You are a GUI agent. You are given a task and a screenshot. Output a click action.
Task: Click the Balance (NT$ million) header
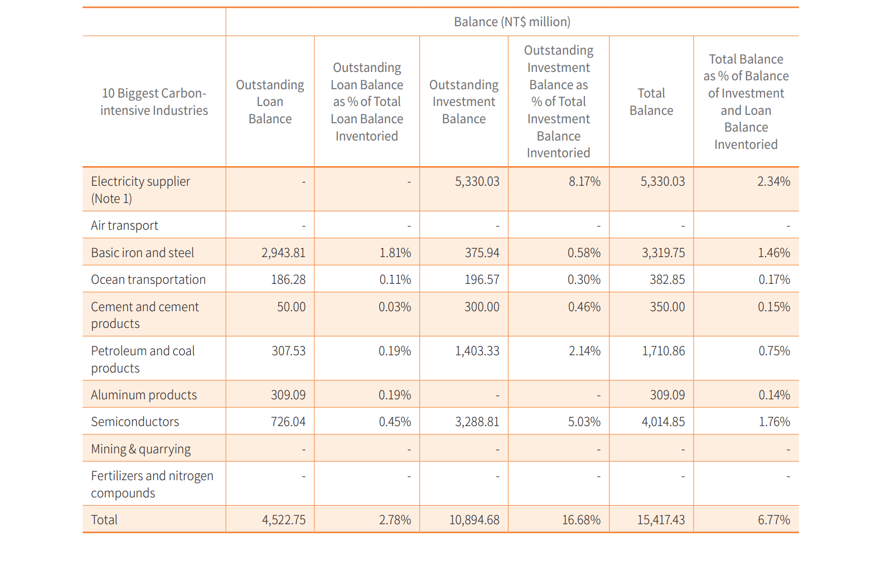point(512,22)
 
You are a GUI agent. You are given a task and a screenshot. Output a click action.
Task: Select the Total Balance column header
point(651,101)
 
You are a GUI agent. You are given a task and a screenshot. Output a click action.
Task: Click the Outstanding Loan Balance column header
point(270,101)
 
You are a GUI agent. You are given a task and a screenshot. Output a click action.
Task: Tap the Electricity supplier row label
point(141,190)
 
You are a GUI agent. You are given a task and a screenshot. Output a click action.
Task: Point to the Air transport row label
point(124,225)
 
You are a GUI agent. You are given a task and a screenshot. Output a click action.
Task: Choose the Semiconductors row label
point(135,422)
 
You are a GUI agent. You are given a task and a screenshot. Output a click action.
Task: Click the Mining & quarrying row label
point(141,449)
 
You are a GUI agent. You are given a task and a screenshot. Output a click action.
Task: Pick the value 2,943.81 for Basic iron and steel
point(284,253)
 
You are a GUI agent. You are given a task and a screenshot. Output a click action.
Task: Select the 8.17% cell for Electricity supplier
point(584,181)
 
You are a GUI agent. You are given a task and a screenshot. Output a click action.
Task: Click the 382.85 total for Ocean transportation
point(667,279)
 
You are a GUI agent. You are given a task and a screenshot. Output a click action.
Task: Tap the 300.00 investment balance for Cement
point(482,307)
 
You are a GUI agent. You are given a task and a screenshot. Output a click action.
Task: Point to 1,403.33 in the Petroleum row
point(477,351)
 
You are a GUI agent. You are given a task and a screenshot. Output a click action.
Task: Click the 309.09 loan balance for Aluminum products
point(288,395)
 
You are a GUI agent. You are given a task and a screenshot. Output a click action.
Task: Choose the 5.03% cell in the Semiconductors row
point(584,422)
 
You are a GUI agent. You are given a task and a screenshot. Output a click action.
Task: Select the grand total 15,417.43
point(661,520)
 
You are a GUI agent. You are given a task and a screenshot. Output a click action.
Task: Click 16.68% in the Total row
point(582,520)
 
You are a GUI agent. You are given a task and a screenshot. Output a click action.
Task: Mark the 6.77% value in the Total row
point(774,520)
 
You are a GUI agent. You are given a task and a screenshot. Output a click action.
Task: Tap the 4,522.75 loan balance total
point(284,520)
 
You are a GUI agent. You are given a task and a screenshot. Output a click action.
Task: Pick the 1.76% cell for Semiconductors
point(774,422)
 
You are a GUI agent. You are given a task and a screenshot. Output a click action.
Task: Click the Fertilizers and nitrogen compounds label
point(152,484)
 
